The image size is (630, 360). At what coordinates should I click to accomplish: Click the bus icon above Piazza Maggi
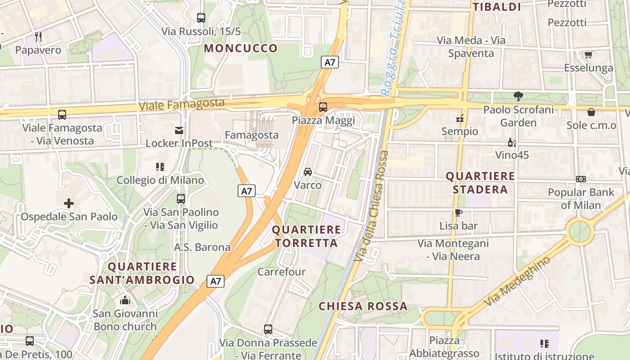click(x=323, y=107)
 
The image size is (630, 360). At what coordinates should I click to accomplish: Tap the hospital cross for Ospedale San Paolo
click(x=69, y=203)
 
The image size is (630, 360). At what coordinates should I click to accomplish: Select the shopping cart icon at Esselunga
click(x=588, y=54)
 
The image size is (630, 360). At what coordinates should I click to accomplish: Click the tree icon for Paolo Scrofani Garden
click(x=518, y=96)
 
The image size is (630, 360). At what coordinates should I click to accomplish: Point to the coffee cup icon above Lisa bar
click(x=459, y=212)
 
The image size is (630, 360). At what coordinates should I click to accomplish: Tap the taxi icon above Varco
click(x=308, y=172)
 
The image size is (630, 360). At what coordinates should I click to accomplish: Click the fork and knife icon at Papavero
click(x=38, y=37)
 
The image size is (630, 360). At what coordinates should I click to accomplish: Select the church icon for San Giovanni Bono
click(x=125, y=300)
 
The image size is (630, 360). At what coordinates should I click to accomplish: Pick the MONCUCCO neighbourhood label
click(x=241, y=49)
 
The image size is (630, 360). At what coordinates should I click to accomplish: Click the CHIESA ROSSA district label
click(x=363, y=306)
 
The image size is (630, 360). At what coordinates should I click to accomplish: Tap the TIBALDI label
click(x=497, y=7)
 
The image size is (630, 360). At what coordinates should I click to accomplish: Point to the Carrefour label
click(x=281, y=272)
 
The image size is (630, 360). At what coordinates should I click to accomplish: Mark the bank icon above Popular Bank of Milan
click(x=581, y=179)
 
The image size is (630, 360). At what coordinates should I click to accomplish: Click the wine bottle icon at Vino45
click(x=512, y=143)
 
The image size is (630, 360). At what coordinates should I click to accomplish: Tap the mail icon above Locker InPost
click(x=179, y=130)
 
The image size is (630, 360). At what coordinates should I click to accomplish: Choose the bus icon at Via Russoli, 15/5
click(x=201, y=18)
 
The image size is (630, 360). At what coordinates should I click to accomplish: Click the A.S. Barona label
click(x=202, y=247)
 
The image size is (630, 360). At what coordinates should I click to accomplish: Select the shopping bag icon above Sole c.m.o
click(x=591, y=112)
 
